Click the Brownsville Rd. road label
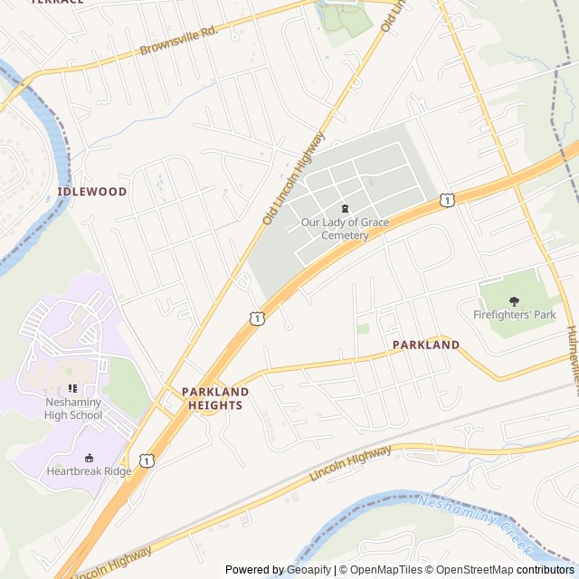(x=179, y=42)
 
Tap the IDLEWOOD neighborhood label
(x=92, y=192)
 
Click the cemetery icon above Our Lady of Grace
(x=345, y=209)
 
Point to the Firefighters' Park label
(x=514, y=315)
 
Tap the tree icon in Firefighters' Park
(x=514, y=300)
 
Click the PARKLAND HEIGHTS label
(x=215, y=398)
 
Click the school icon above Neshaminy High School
(x=73, y=389)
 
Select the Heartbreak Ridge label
(x=89, y=471)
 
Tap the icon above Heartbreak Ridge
(x=89, y=457)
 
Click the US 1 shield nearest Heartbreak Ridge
(x=147, y=461)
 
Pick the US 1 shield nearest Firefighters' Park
(x=447, y=198)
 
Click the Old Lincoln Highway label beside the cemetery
(x=293, y=178)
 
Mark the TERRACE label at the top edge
(x=57, y=3)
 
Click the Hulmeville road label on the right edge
(x=573, y=362)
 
